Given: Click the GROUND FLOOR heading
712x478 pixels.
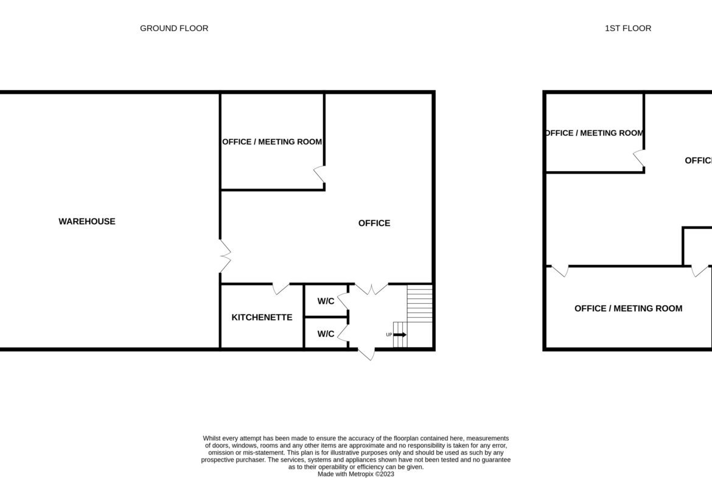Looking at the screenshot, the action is (x=174, y=28).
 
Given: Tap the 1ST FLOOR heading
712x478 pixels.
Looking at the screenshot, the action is (x=628, y=28).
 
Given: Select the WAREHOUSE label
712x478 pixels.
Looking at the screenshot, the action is (x=87, y=221).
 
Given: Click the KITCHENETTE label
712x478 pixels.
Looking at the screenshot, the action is (x=262, y=317).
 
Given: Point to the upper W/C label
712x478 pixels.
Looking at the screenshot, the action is (x=326, y=301).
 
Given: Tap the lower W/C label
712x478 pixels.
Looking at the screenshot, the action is (x=326, y=334).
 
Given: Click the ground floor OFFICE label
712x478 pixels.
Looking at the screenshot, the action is (x=374, y=223).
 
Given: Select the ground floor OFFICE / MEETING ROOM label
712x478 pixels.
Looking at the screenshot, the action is (x=272, y=142).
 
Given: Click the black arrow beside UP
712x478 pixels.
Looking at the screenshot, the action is (x=400, y=335).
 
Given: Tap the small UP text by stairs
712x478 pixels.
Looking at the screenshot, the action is (x=389, y=335).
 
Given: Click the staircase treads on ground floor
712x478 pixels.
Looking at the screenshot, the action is (x=419, y=303).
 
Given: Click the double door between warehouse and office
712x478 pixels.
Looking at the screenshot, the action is (x=225, y=256).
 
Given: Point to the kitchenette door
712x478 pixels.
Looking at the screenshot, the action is (x=280, y=288).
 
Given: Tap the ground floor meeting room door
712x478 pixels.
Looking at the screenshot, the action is (x=319, y=175).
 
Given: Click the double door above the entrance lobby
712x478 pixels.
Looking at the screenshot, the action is (x=371, y=289).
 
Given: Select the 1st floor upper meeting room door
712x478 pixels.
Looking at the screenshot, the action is (x=639, y=158).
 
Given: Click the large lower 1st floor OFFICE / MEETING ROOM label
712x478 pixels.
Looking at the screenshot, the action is (x=629, y=309).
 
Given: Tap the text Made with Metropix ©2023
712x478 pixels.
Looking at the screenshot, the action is (x=356, y=474).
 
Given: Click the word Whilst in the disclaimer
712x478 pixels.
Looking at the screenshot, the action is (x=212, y=438).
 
